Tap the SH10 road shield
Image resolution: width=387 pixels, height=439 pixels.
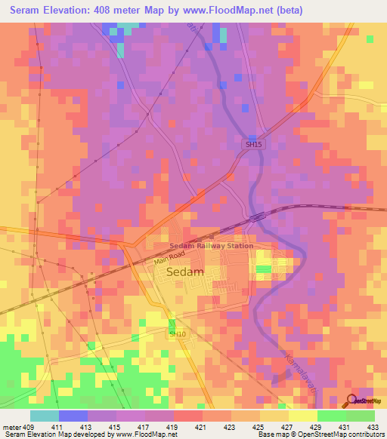point(177,333)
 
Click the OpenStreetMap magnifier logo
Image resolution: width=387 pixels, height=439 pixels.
point(351,401)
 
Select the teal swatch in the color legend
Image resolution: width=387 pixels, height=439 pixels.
point(45,416)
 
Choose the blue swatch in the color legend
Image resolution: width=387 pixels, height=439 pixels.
point(73,416)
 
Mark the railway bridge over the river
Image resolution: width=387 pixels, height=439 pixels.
point(258,216)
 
